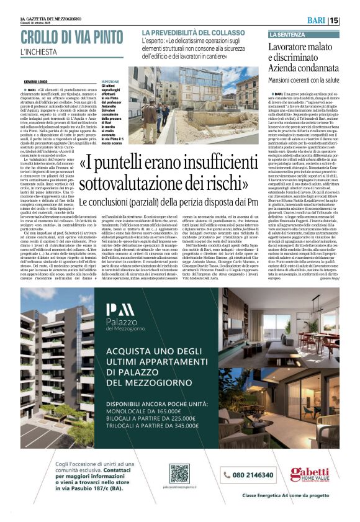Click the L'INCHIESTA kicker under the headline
pos(37,53)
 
